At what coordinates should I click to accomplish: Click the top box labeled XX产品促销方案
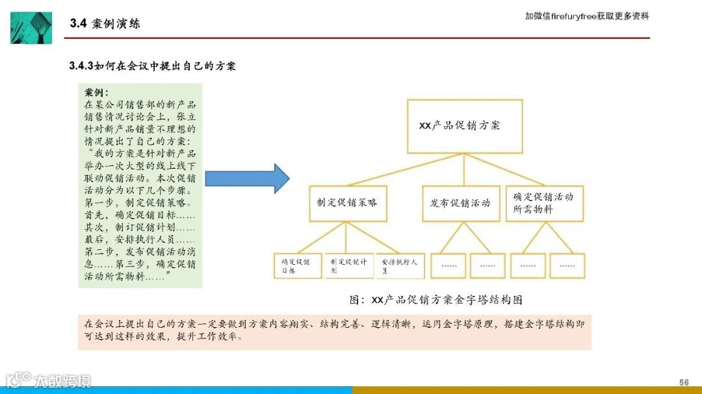[464, 126]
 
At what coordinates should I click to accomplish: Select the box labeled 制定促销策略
[344, 203]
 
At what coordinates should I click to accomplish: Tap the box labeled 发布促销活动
[460, 203]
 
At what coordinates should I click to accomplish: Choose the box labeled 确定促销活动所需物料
[544, 203]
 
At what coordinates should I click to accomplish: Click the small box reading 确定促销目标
[297, 265]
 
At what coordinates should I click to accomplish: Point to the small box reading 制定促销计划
[348, 265]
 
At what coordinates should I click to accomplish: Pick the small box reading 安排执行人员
[400, 265]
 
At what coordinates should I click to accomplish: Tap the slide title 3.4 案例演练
[105, 24]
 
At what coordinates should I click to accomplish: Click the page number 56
[684, 382]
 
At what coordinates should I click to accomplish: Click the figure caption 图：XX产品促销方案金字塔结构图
[435, 300]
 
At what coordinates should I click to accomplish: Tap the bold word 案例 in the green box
[96, 93]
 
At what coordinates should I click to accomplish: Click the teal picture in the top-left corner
[31, 27]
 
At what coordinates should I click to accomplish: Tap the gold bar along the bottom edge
[526, 390]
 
